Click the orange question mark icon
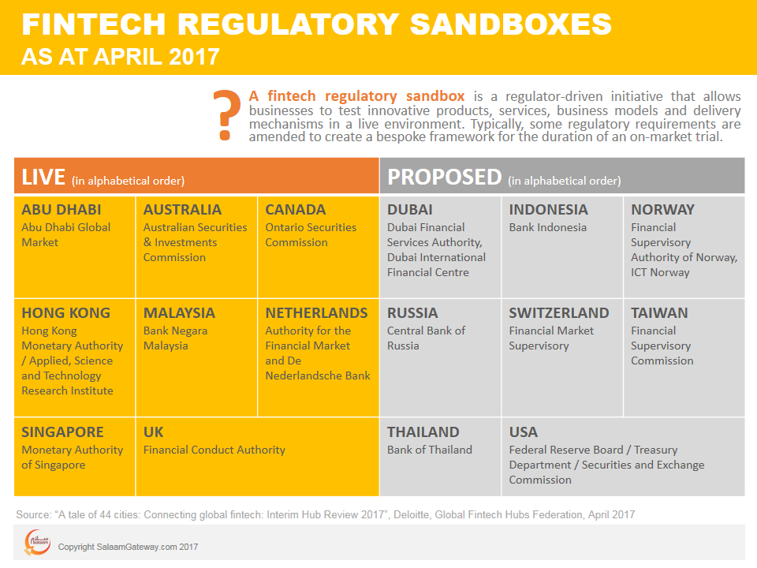[x=227, y=115]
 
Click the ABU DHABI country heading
[x=62, y=210]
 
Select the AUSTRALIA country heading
[x=182, y=210]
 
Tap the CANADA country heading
[x=296, y=210]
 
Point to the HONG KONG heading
[x=65, y=313]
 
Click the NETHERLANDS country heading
[x=316, y=313]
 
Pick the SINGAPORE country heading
[x=62, y=432]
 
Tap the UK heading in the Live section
[x=154, y=432]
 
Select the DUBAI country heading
[x=410, y=210]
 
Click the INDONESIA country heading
[x=549, y=210]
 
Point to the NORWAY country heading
[x=662, y=210]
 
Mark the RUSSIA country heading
[x=412, y=313]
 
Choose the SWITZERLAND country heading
[x=559, y=313]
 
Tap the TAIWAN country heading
[x=659, y=313]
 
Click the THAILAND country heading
[x=423, y=432]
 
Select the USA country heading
[x=524, y=432]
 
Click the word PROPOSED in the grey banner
[x=445, y=177]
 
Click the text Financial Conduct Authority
[x=214, y=450]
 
